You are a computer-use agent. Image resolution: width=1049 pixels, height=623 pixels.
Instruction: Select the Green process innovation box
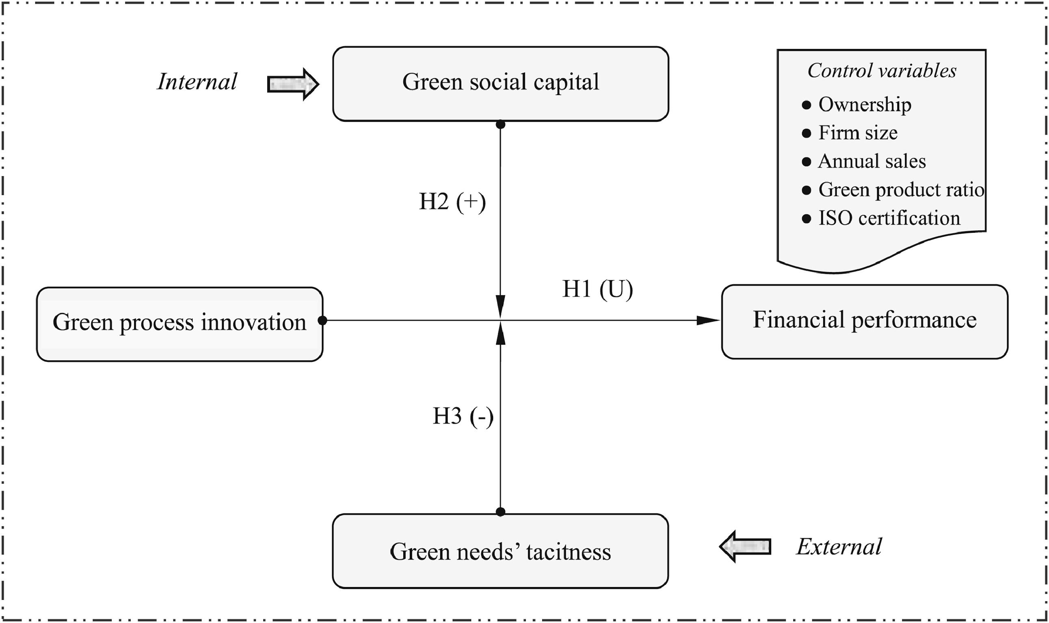(x=180, y=324)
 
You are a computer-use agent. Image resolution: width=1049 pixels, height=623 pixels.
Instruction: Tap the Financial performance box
(x=864, y=322)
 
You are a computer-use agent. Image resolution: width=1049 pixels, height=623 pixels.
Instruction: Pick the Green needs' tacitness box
(x=500, y=551)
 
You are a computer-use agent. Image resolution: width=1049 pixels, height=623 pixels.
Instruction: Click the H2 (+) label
(x=452, y=202)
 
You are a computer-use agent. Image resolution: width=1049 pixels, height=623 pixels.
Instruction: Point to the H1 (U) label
(x=597, y=289)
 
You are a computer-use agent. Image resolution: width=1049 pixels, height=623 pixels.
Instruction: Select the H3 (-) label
(x=463, y=417)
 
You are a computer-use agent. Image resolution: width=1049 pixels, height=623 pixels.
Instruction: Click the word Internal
(x=197, y=82)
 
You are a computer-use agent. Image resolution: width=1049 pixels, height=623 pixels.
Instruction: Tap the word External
(x=839, y=547)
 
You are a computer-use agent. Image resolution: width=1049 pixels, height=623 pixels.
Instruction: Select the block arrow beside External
(x=745, y=547)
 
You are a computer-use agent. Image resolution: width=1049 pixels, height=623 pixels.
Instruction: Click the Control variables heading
(x=882, y=71)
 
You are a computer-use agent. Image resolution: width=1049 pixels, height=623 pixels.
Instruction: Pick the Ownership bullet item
(x=864, y=104)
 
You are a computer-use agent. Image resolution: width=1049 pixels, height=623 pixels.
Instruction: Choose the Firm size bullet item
(x=858, y=133)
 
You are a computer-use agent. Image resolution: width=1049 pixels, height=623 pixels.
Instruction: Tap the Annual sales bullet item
(x=872, y=162)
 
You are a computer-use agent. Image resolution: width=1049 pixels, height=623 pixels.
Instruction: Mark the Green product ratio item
(x=900, y=190)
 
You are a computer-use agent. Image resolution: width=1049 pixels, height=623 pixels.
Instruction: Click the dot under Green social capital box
(x=500, y=125)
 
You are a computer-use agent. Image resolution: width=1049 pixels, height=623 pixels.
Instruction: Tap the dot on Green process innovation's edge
(x=322, y=321)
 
